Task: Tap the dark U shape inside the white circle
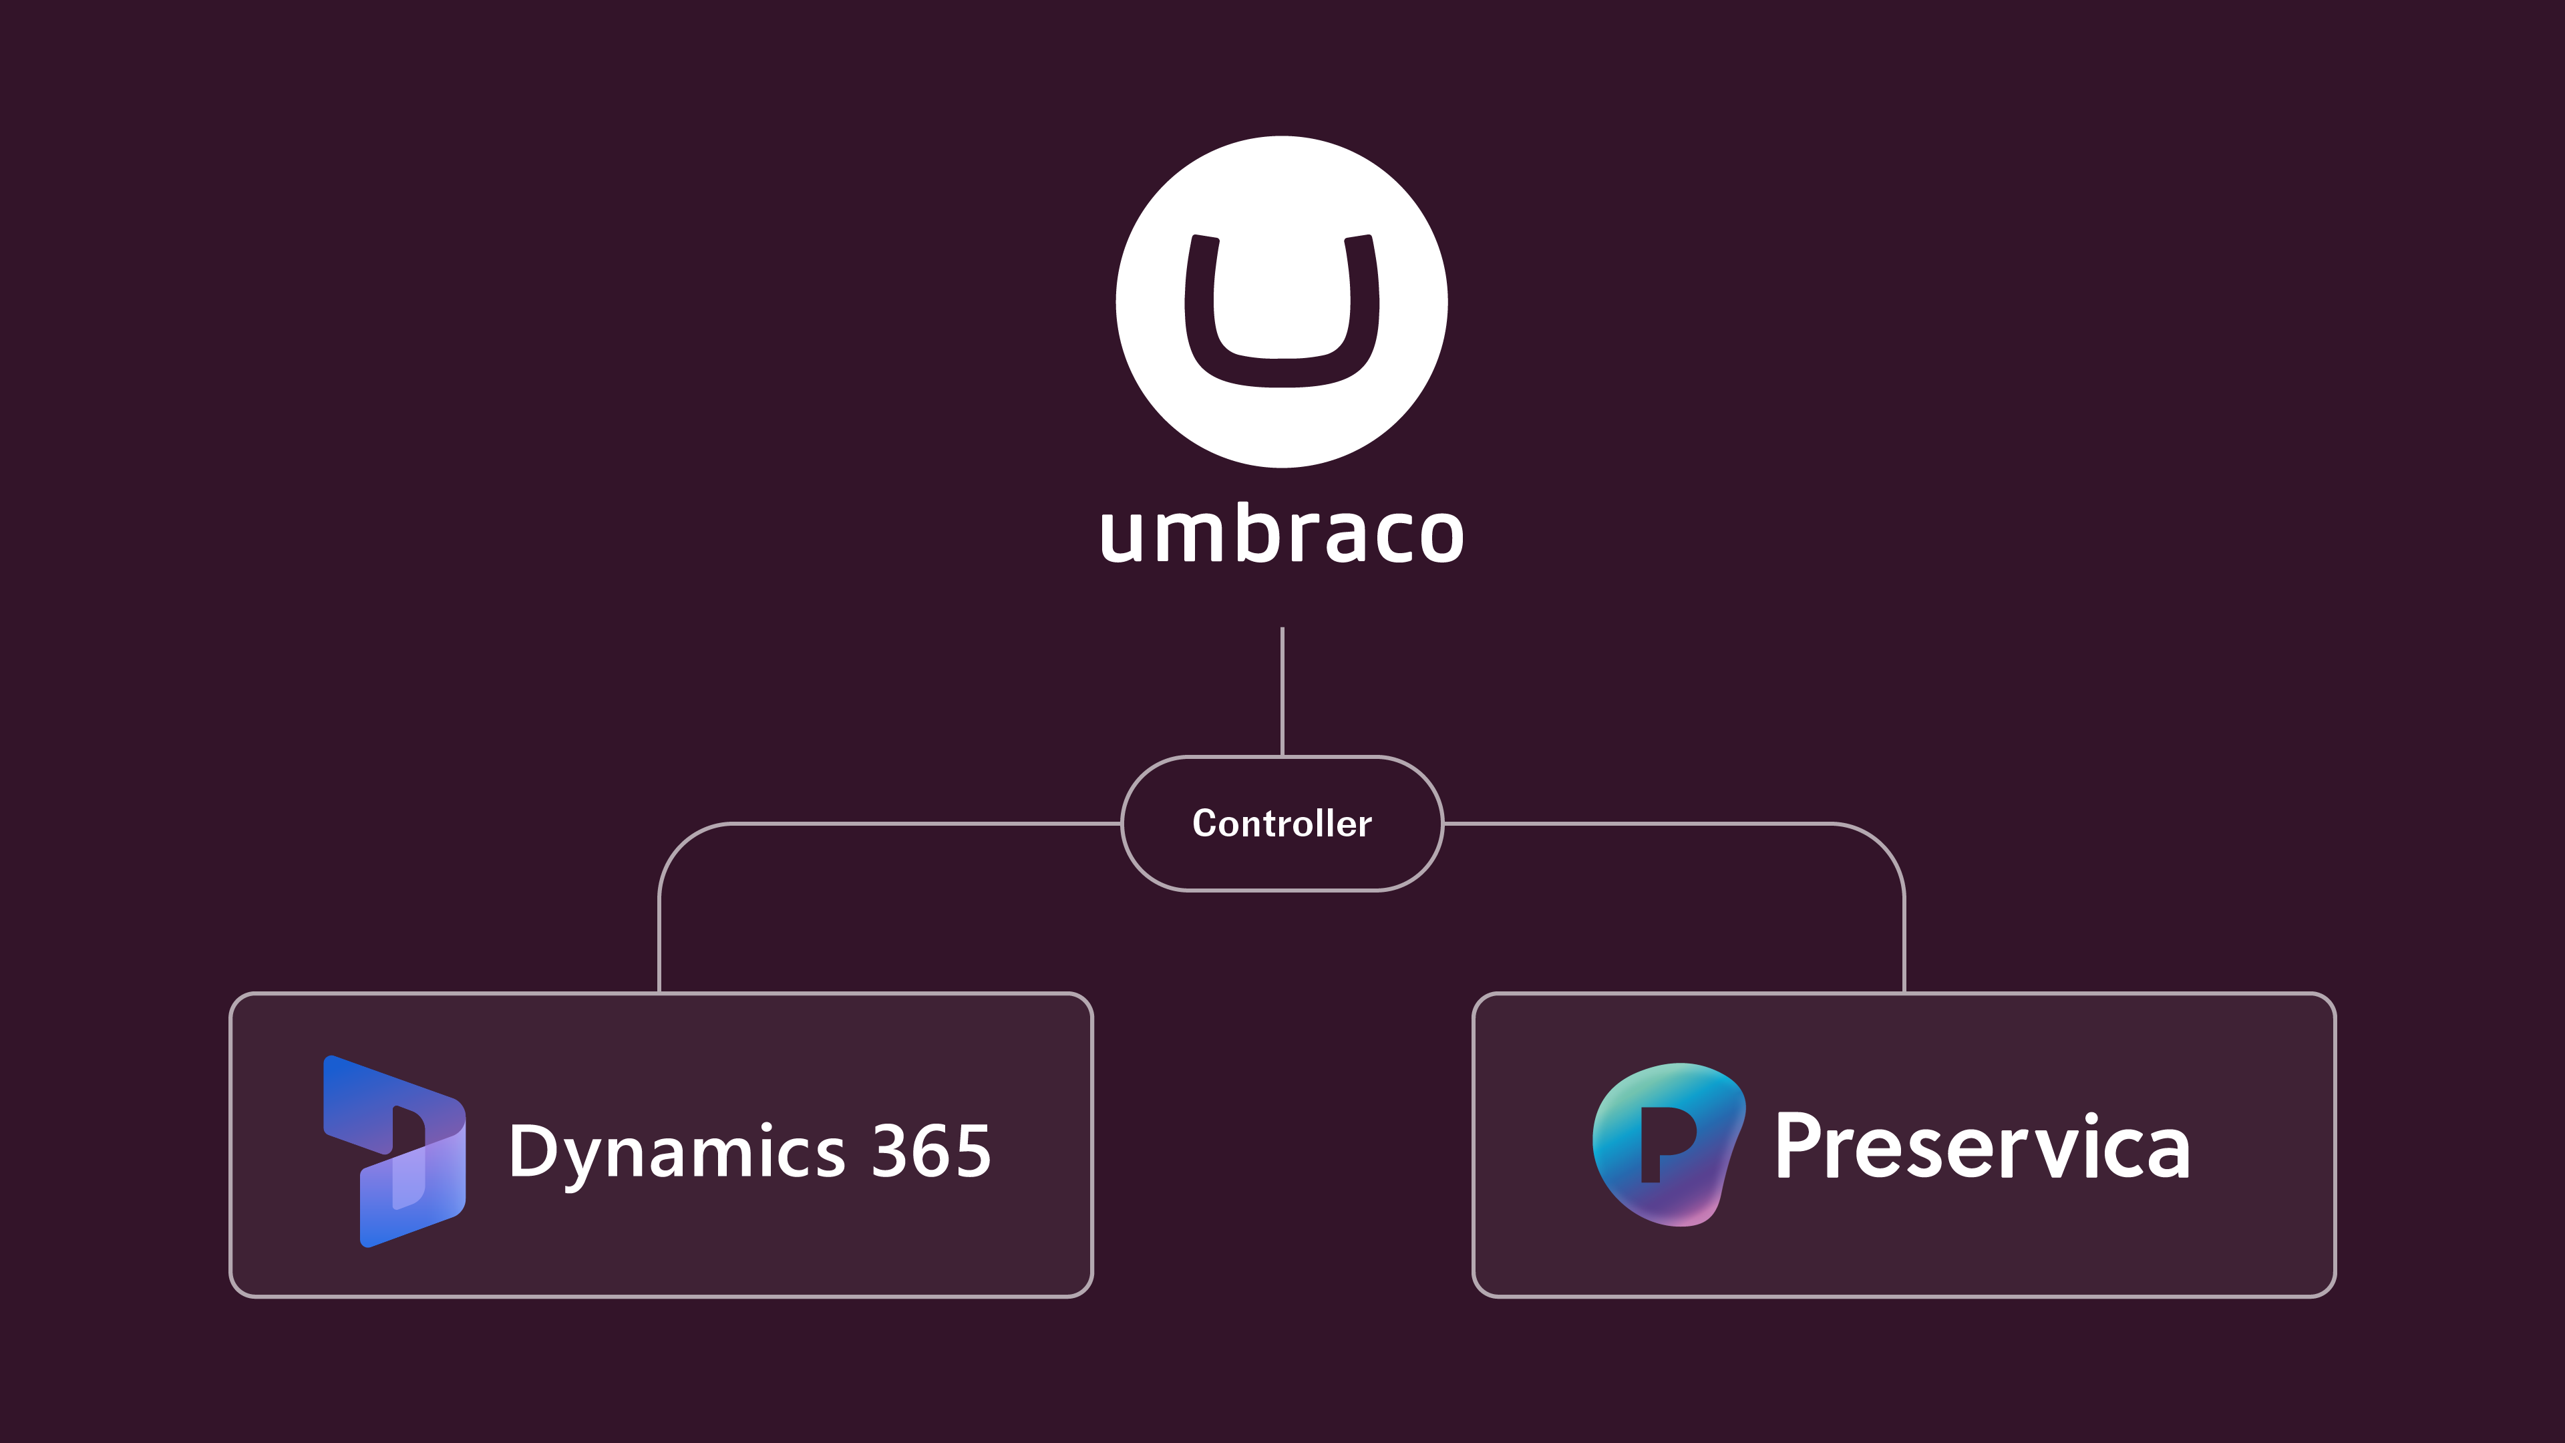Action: (x=1282, y=371)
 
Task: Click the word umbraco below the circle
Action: (x=1282, y=534)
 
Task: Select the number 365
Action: (x=931, y=1151)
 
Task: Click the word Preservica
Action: (x=1981, y=1147)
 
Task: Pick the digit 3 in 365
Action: (x=888, y=1151)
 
